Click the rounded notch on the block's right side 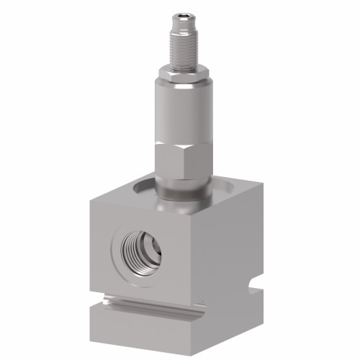(252, 292)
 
